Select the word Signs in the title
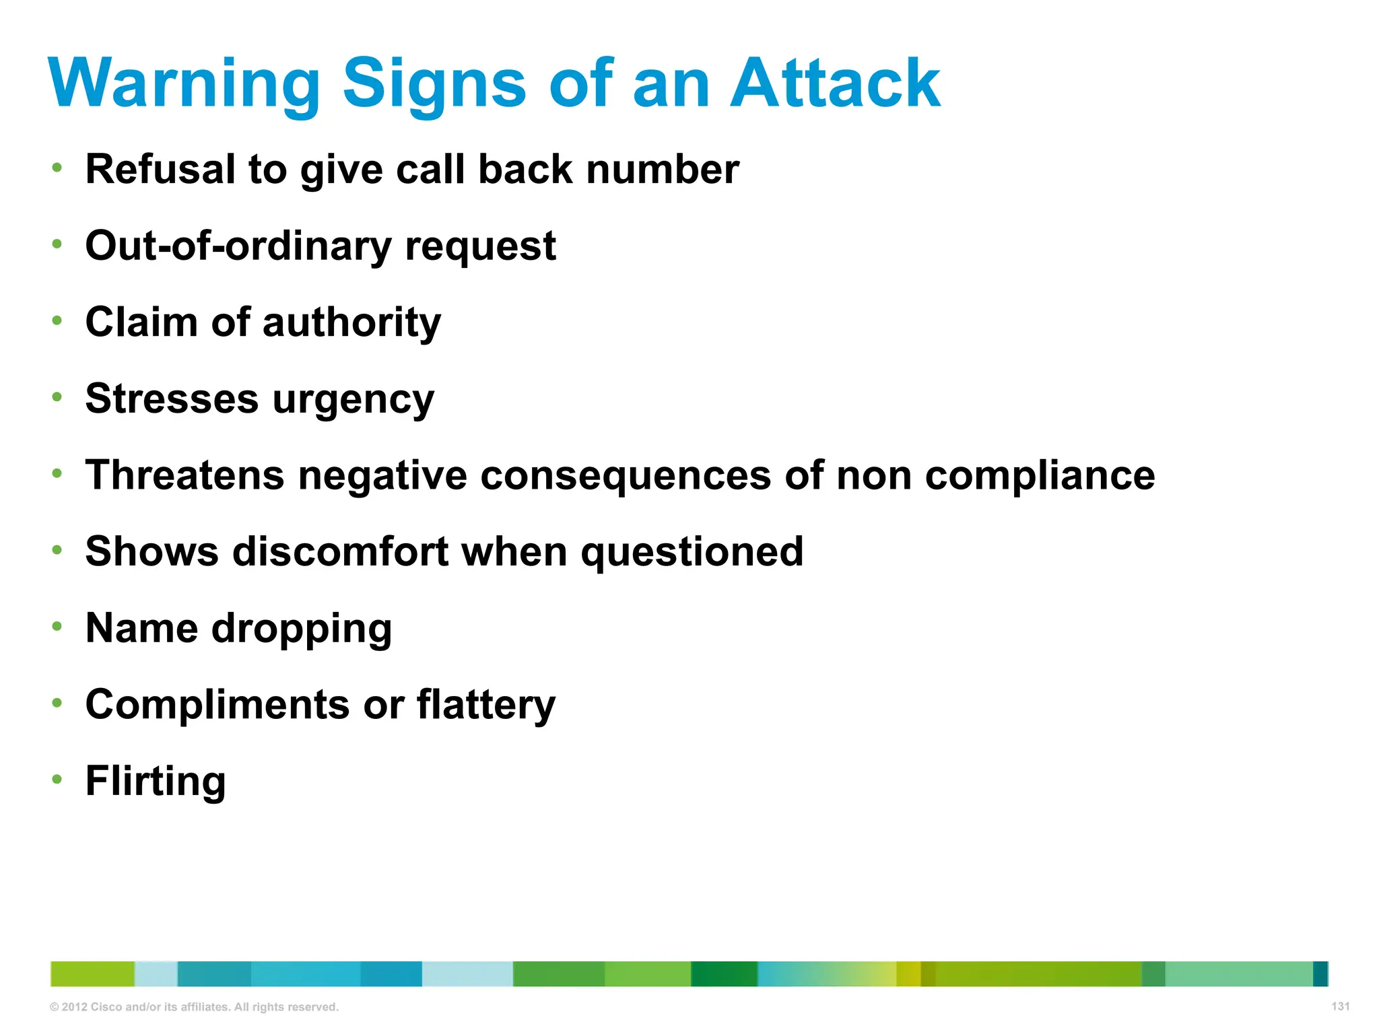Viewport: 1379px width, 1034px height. [434, 84]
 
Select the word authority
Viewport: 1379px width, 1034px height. [351, 323]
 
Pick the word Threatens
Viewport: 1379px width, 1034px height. [185, 475]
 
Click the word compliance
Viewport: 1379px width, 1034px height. [1040, 476]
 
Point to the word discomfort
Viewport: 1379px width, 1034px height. [341, 551]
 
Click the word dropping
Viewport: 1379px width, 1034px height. [302, 629]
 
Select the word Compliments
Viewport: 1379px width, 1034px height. [217, 705]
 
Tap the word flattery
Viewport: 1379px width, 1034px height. [486, 705]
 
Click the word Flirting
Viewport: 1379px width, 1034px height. [156, 782]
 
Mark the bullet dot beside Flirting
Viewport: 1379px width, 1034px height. [57, 780]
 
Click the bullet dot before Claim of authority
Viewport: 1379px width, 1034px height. [57, 320]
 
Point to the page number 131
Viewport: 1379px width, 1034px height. [1340, 1006]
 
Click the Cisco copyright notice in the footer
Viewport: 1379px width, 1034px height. [194, 1007]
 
